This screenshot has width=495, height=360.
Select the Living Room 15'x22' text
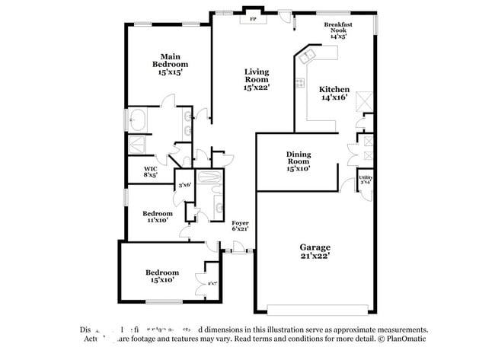(x=257, y=79)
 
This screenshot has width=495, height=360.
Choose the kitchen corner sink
(x=308, y=56)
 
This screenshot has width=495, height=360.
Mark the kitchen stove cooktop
(x=300, y=83)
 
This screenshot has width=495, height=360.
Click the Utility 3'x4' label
(x=366, y=180)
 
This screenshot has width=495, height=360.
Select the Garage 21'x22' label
(x=315, y=252)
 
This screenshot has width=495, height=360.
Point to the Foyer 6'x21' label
(x=240, y=225)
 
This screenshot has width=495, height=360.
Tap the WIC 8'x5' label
(x=151, y=172)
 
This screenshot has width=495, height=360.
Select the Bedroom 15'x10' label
(x=162, y=276)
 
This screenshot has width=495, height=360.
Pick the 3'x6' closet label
(x=184, y=185)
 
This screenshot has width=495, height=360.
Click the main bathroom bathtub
(x=139, y=119)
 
